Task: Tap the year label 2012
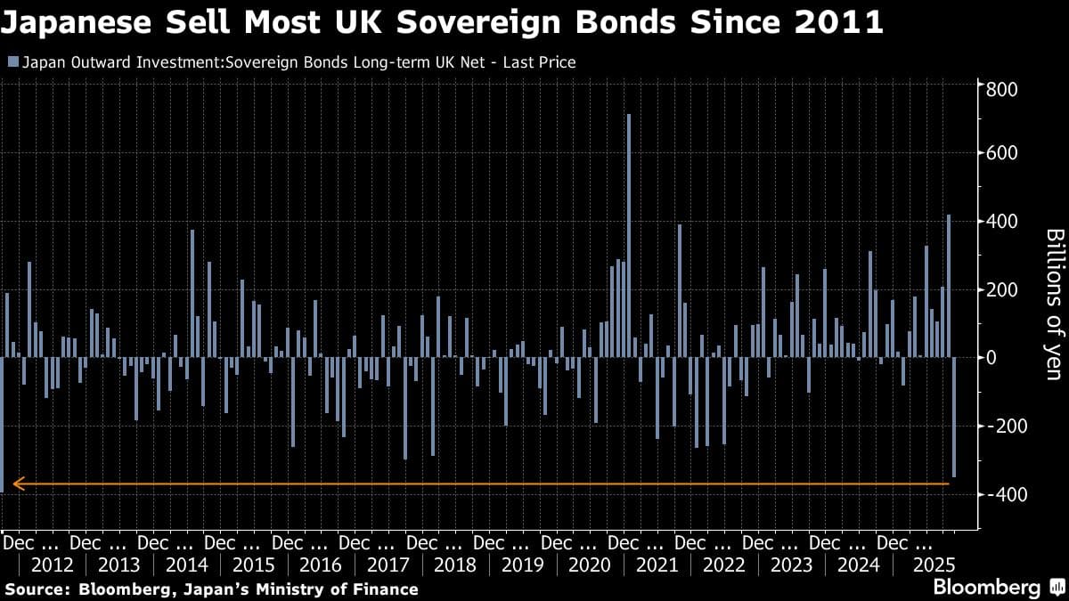tap(52, 564)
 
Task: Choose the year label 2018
tap(455, 564)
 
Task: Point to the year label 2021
tap(657, 564)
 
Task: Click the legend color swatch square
tap(12, 61)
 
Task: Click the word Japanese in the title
tap(85, 21)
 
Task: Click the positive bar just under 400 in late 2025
tap(949, 286)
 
